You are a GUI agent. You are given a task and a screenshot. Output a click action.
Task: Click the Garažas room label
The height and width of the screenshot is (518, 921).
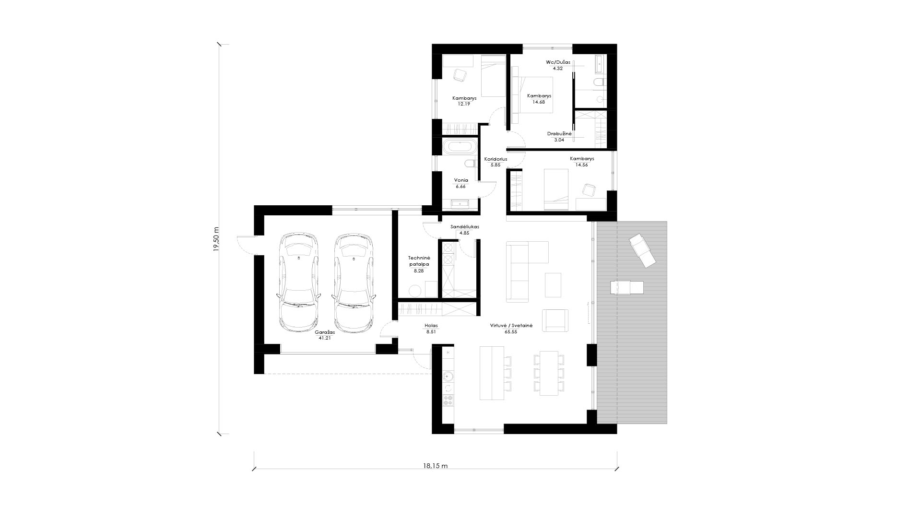tap(325, 331)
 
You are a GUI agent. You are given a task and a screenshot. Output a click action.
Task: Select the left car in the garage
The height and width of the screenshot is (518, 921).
tap(298, 283)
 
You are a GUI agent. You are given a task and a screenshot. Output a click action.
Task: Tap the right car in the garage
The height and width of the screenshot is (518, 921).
tap(354, 283)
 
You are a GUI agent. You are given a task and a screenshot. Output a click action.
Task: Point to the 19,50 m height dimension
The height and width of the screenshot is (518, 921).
tap(216, 238)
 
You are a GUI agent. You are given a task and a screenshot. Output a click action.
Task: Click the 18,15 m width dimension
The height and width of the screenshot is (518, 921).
tap(435, 466)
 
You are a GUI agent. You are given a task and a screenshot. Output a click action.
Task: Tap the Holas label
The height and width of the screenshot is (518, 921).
tap(431, 325)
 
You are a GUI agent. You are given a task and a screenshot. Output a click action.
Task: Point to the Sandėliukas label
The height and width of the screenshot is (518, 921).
tap(465, 226)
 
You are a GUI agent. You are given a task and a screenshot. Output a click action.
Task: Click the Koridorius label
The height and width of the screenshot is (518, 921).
tap(496, 159)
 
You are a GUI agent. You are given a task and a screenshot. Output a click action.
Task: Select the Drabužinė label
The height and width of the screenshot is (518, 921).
tap(559, 134)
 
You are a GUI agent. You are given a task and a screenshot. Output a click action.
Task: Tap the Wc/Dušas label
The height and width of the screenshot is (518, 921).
tap(558, 62)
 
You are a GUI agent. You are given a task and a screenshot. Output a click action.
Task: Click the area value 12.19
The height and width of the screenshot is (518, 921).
tap(464, 104)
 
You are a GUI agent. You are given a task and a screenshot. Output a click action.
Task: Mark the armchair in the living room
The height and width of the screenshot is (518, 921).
tap(555, 320)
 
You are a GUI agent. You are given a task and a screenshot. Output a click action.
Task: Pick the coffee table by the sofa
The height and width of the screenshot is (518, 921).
tap(553, 284)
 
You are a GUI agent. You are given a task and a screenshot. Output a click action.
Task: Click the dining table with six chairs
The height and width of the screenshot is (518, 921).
tap(549, 373)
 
